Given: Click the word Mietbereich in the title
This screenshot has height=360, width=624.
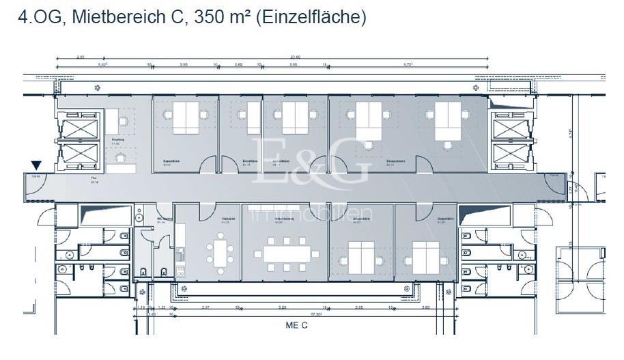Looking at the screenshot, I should (x=117, y=18).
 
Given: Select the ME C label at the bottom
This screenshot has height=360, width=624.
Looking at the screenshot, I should (x=296, y=325).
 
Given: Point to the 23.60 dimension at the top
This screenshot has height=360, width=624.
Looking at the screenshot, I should (x=296, y=57).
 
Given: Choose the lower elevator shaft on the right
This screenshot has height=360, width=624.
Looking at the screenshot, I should (x=512, y=156).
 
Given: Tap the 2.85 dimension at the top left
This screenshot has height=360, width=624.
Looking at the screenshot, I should (x=81, y=57).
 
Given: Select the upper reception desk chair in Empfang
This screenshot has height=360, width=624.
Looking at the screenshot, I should (x=123, y=122).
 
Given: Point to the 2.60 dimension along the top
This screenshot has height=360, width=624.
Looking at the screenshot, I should (x=238, y=66).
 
